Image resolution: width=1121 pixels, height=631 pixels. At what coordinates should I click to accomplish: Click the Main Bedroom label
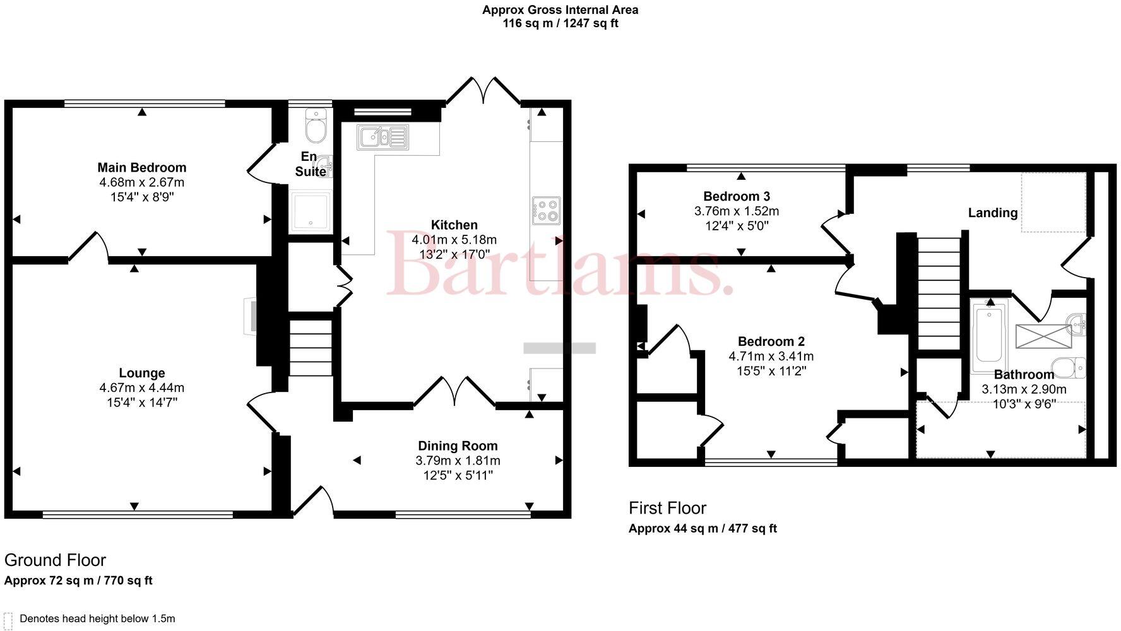point(142,168)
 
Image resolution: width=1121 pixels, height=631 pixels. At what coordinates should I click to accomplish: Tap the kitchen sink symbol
point(382,137)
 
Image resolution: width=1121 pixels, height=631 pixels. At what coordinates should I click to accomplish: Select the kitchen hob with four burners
point(546,211)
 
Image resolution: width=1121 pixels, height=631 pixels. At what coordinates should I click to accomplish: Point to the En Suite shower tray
point(309,211)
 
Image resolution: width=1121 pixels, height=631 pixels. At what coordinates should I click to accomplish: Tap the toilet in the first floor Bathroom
point(1068,367)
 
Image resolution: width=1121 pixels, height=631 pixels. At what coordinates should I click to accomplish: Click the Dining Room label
point(458,446)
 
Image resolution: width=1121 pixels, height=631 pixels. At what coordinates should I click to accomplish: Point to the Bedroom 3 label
point(737,196)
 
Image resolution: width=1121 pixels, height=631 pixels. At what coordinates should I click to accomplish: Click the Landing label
point(992,213)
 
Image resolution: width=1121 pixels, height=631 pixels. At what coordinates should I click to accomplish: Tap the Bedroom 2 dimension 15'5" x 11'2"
point(771,371)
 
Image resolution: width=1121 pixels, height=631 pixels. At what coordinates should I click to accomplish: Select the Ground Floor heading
point(55,560)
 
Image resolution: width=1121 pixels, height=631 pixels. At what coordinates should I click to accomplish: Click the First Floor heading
point(667,508)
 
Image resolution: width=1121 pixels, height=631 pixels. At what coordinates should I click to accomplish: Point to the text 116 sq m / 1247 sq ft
point(560,24)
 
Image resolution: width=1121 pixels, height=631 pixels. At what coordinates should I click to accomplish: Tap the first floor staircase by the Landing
point(938,293)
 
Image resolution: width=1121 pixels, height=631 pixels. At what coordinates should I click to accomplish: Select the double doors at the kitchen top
point(483,90)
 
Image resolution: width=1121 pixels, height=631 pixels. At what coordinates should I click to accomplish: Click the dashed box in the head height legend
point(8,619)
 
